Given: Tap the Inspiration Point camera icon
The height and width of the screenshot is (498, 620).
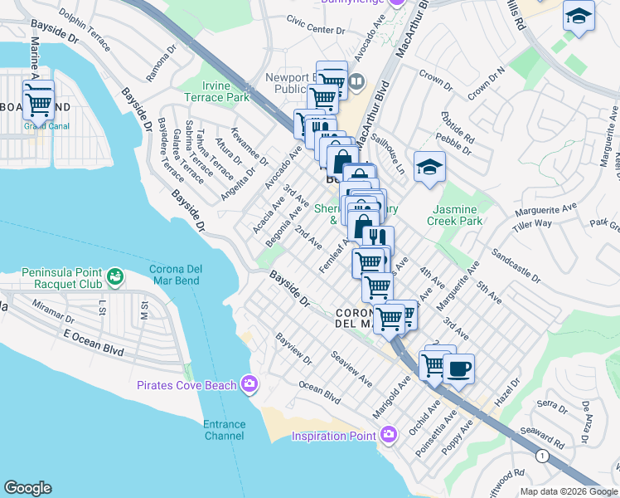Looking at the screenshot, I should pyautogui.click(x=389, y=434).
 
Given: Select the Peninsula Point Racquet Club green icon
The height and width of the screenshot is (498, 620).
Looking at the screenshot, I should pyautogui.click(x=115, y=275).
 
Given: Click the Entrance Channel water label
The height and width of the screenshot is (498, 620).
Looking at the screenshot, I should pyautogui.click(x=225, y=430).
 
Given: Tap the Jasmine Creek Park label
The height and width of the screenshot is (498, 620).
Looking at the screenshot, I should pyautogui.click(x=454, y=216).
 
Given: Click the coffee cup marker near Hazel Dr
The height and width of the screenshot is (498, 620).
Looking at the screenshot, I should pyautogui.click(x=458, y=368).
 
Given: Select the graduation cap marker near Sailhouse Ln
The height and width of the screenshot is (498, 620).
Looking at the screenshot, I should pyautogui.click(x=429, y=167).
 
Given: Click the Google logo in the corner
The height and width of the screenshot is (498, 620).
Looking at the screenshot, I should pyautogui.click(x=28, y=488).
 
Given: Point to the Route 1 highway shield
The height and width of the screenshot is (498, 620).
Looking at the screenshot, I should pyautogui.click(x=542, y=456).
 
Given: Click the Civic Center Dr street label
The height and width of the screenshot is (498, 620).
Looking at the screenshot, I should pyautogui.click(x=316, y=24).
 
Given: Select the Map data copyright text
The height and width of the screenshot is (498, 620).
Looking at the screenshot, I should pyautogui.click(x=568, y=491).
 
